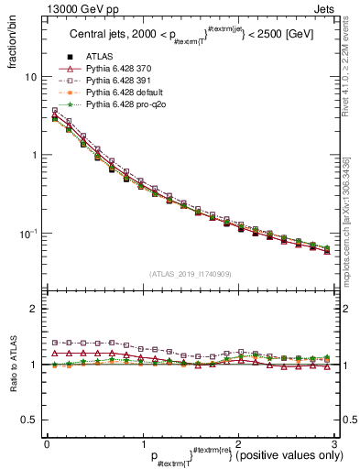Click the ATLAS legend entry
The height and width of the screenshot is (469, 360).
[x=98, y=58]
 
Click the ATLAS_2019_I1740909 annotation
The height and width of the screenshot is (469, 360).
[x=191, y=274]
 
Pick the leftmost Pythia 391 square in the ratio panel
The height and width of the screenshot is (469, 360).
[x=55, y=342]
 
